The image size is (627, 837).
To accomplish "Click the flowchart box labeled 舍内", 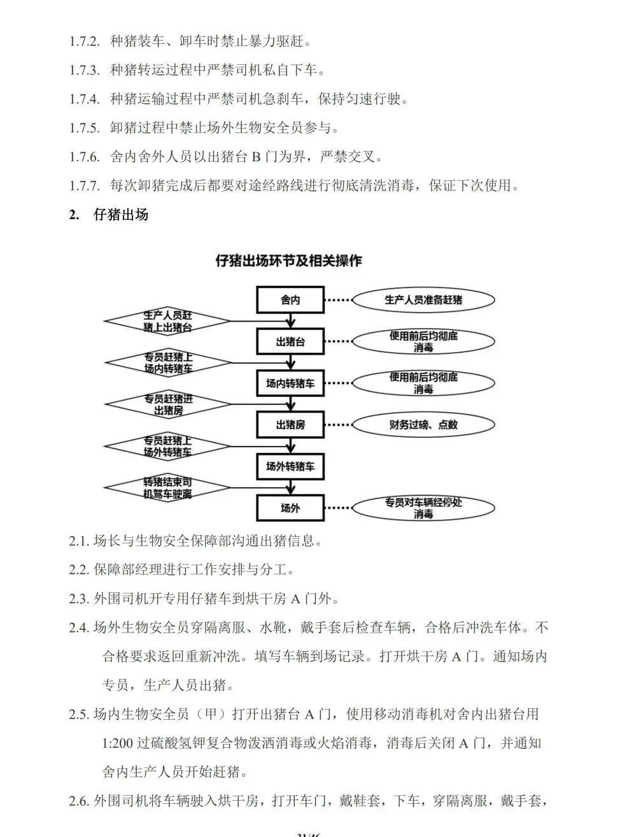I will coord(290,299).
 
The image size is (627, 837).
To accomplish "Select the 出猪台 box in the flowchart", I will coord(290,341).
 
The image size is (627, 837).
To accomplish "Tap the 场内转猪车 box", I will coord(290,383).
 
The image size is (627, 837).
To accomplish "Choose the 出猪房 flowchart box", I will coord(290,425).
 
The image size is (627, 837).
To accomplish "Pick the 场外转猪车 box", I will coord(290,467).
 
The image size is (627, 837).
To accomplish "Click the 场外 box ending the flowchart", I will coord(290,508).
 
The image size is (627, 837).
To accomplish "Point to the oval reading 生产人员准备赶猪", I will coord(423,299).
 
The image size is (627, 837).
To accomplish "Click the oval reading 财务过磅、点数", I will coord(423,425).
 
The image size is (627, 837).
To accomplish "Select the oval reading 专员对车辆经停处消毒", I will coord(423,508).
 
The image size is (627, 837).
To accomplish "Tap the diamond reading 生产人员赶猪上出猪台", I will coord(167,321).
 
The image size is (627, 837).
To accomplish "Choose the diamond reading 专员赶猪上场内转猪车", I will coord(167,363).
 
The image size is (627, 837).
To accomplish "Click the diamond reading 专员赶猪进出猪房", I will coord(167,404).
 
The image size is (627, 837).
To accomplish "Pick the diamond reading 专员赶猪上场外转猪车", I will coord(167,446).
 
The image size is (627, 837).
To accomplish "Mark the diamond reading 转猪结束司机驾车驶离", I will coord(167,488).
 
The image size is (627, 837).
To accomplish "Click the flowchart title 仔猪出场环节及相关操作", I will coord(289,261).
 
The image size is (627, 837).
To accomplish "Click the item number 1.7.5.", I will coord(85,128).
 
